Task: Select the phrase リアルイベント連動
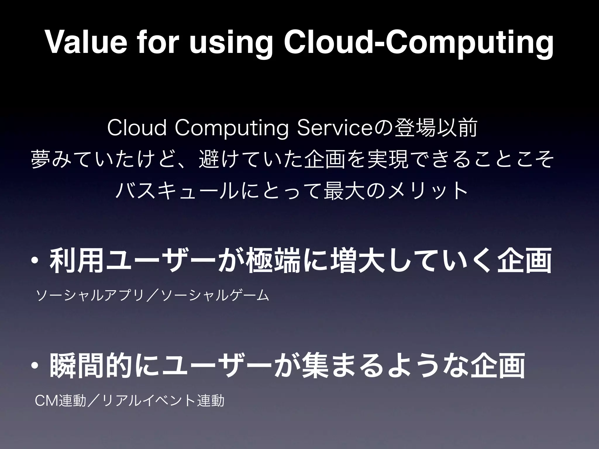click(x=163, y=401)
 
